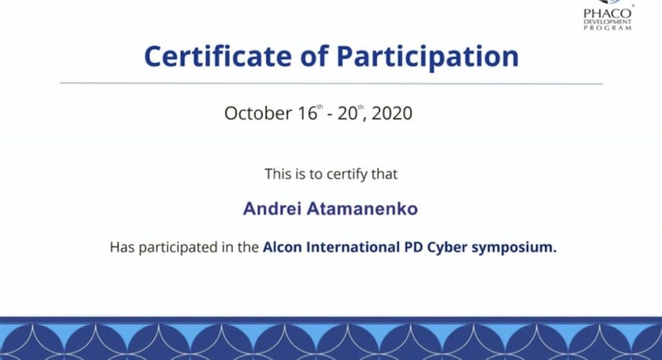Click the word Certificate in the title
click(218, 56)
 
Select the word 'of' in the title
click(314, 55)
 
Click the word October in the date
click(258, 113)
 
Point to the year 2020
click(392, 113)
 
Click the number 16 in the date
click(307, 113)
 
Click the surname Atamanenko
click(362, 209)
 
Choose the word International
click(353, 247)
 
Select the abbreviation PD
click(414, 247)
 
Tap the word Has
click(122, 247)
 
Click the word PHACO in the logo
click(608, 14)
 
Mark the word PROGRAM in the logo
click(608, 28)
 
